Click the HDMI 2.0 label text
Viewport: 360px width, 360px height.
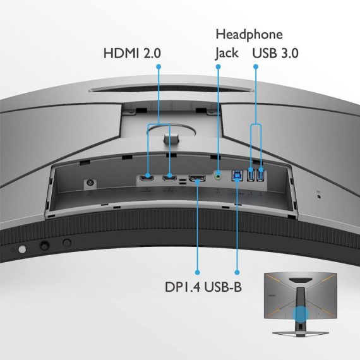point(132,53)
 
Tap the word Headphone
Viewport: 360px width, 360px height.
point(249,35)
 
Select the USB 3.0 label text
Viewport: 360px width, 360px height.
point(275,53)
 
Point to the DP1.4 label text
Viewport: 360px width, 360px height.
point(183,287)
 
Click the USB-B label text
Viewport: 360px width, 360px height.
point(223,287)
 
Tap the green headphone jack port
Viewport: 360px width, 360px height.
point(218,176)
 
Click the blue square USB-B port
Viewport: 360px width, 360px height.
point(237,176)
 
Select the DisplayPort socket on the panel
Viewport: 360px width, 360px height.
point(197,178)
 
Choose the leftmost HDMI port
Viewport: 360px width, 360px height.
point(147,177)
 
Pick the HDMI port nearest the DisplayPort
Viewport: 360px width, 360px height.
point(169,177)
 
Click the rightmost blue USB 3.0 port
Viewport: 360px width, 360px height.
point(261,174)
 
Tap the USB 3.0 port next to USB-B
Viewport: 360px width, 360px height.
point(251,174)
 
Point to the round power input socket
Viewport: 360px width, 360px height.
point(90,183)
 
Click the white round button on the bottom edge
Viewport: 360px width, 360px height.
point(22,249)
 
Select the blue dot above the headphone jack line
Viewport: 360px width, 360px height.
point(218,66)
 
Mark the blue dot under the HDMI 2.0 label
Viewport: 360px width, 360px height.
point(159,66)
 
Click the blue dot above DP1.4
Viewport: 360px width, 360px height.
point(197,272)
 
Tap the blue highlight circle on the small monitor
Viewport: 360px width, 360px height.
point(301,314)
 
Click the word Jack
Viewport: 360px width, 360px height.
point(227,54)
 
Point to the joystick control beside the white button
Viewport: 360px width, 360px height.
point(45,245)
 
